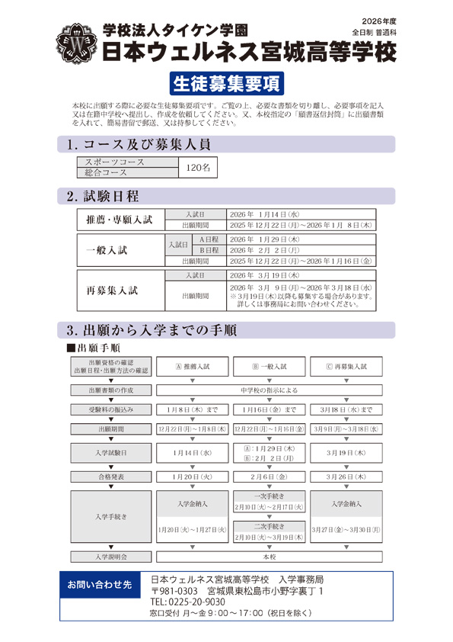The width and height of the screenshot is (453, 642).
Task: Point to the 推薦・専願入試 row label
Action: click(120, 220)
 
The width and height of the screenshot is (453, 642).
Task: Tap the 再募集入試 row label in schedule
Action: click(120, 291)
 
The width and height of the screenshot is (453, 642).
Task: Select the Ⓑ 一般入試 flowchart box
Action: click(269, 366)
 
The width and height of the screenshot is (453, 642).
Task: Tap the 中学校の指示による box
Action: click(268, 390)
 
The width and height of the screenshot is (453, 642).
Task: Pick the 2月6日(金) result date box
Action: click(269, 477)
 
